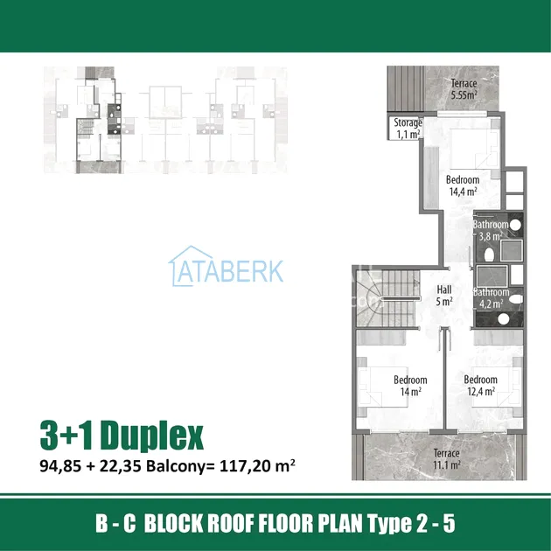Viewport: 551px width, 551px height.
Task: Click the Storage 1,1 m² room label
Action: pyautogui.click(x=408, y=129)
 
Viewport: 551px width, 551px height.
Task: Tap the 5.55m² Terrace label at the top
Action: pyautogui.click(x=464, y=89)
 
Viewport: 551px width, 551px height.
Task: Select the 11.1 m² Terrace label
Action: pyautogui.click(x=446, y=459)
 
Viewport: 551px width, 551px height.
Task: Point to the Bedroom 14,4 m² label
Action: pyautogui.click(x=463, y=185)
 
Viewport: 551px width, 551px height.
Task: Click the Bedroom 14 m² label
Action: pyautogui.click(x=410, y=386)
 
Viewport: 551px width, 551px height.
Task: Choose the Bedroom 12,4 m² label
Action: pyautogui.click(x=481, y=385)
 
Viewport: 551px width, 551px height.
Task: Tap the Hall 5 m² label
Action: pyautogui.click(x=444, y=296)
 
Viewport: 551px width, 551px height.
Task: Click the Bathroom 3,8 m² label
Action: pyautogui.click(x=491, y=230)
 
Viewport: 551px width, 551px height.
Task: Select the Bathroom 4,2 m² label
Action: pyautogui.click(x=491, y=298)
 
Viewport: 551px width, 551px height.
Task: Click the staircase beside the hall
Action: pyautogui.click(x=388, y=298)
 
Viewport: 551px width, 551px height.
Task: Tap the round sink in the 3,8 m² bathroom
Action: pyautogui.click(x=515, y=226)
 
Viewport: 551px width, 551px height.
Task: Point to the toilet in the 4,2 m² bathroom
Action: pyautogui.click(x=516, y=299)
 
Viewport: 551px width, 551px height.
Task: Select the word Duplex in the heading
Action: pyautogui.click(x=152, y=436)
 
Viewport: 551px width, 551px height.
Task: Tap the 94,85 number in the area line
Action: pyautogui.click(x=60, y=466)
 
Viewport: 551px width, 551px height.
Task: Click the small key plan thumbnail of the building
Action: pyautogui.click(x=165, y=120)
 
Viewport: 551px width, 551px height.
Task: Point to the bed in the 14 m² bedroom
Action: pyautogui.click(x=382, y=387)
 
